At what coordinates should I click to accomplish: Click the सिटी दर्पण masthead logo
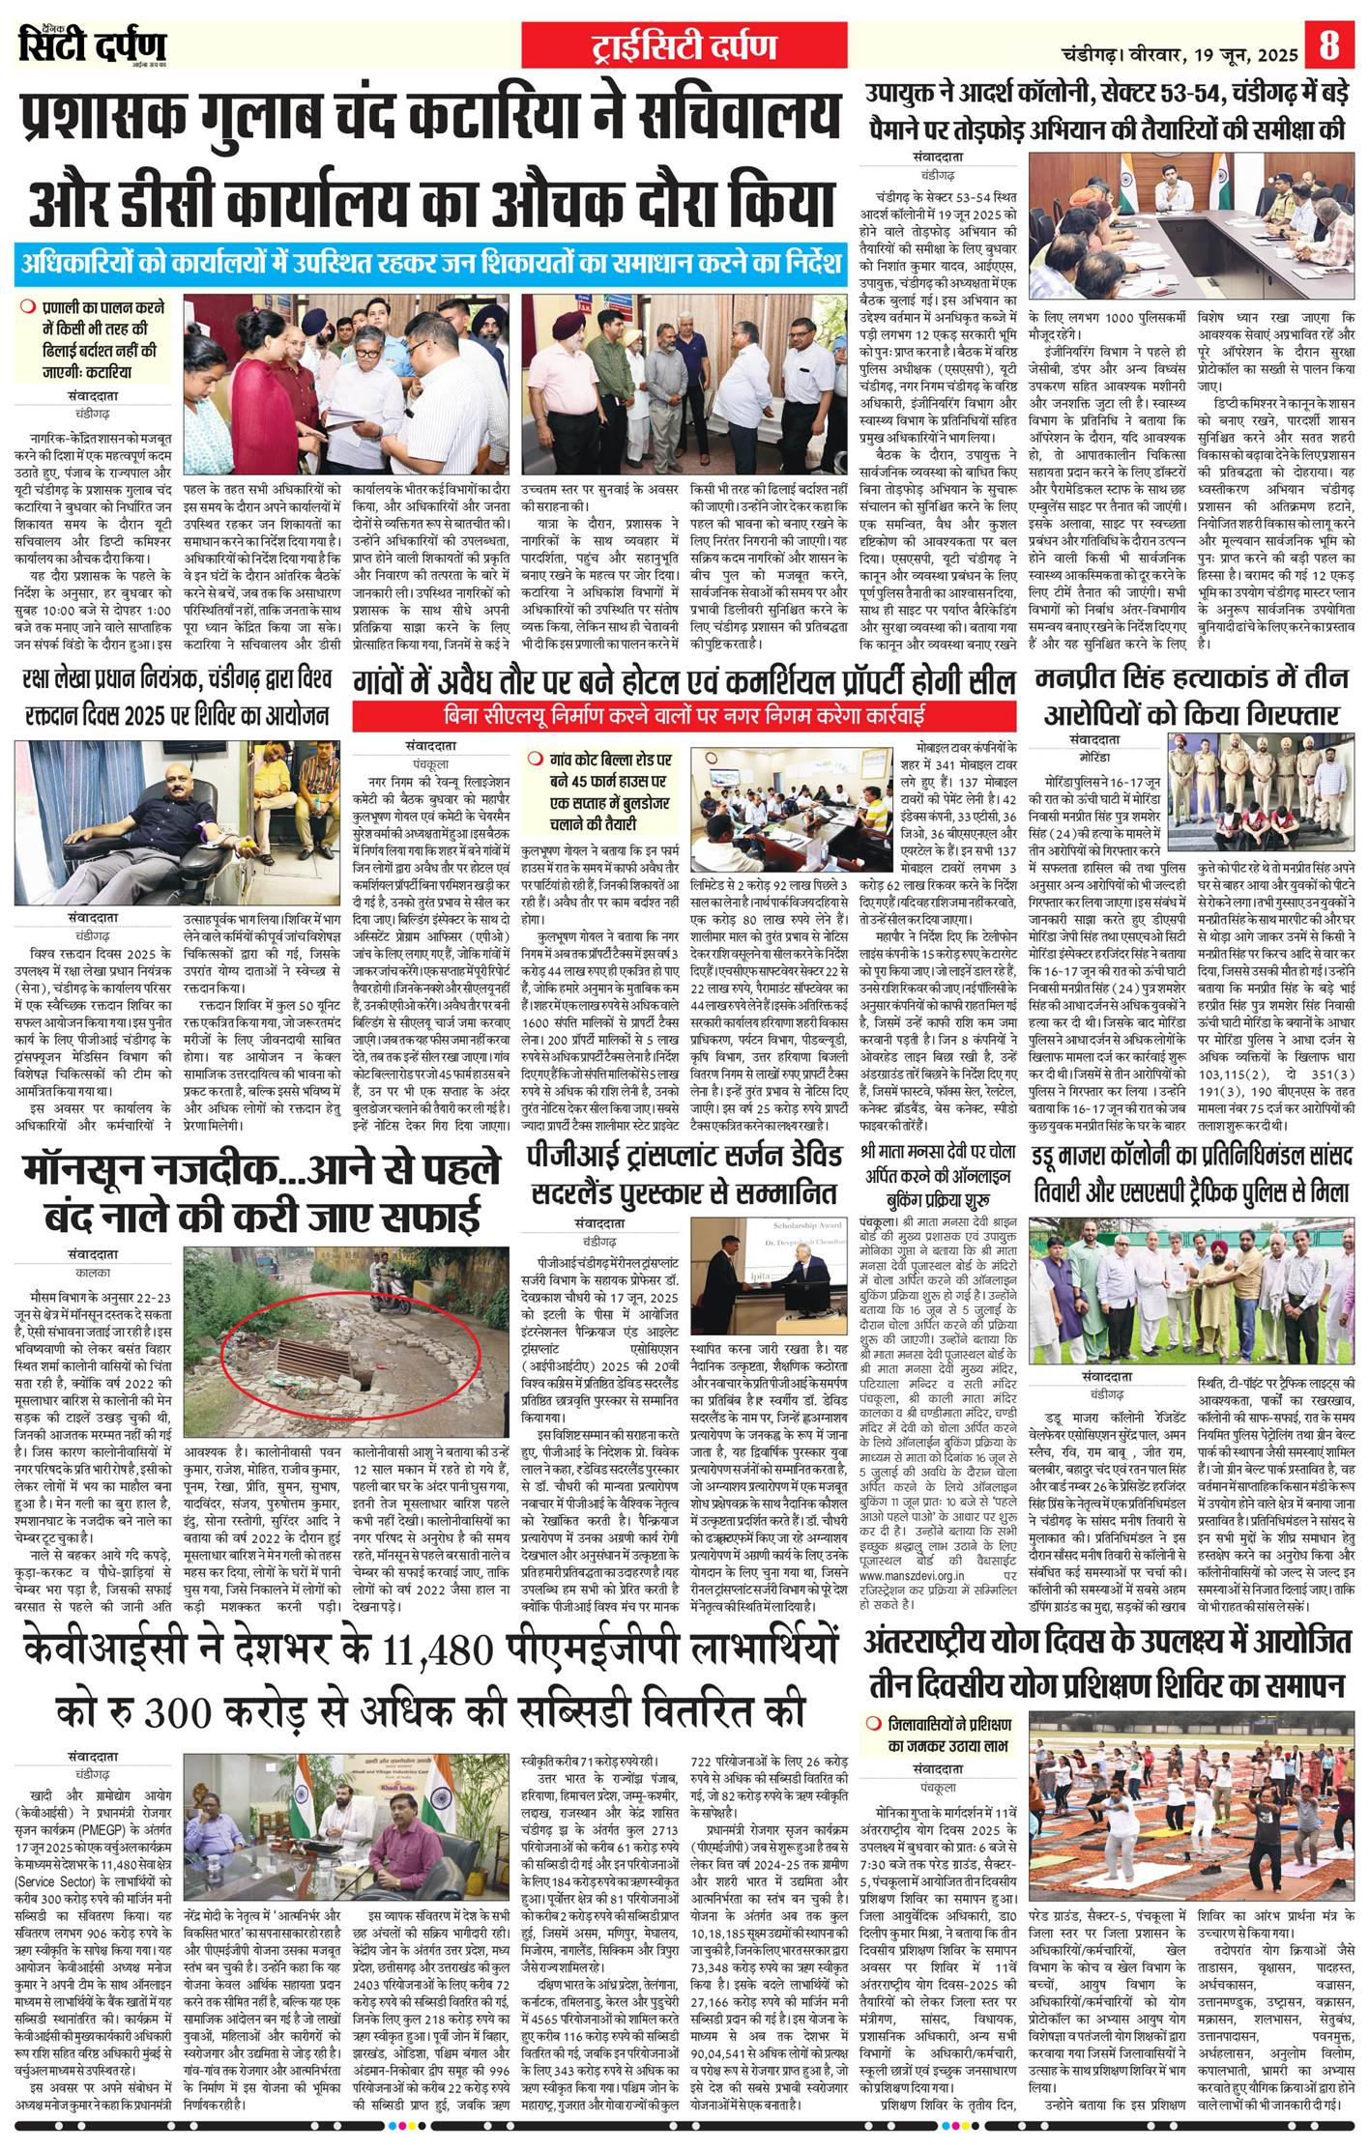click(93, 45)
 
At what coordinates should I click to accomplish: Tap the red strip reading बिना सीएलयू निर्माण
click(684, 716)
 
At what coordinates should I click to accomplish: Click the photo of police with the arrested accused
click(1263, 789)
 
